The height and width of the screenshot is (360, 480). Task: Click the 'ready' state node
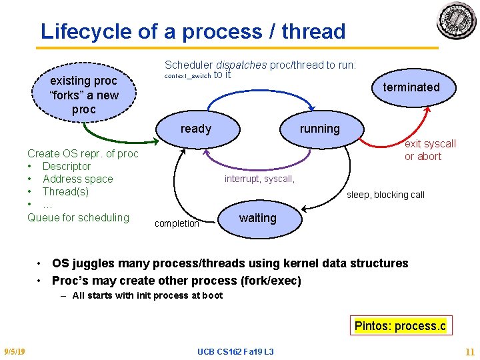(195, 129)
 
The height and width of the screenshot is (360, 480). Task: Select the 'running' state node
(320, 129)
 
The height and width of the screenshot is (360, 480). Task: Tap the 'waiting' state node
(257, 218)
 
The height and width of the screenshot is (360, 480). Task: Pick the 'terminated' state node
(411, 87)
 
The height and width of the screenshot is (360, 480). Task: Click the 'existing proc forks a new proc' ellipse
(84, 95)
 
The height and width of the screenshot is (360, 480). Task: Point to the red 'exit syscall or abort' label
(430, 150)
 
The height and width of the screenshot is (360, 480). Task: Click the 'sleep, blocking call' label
(385, 195)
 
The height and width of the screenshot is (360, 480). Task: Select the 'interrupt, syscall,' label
(259, 179)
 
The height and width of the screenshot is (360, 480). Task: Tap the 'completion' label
(177, 223)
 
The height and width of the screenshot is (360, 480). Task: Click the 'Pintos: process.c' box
(400, 326)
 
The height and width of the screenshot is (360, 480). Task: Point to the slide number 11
(469, 351)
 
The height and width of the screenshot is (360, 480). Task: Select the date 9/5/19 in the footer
(15, 351)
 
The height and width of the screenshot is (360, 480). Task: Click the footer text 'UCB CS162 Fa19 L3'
(235, 351)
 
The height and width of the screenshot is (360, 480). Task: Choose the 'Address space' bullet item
(77, 179)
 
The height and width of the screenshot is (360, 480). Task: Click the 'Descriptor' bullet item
(66, 166)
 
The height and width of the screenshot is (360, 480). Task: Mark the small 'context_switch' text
(187, 76)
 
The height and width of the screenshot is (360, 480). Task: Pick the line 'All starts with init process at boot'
(147, 295)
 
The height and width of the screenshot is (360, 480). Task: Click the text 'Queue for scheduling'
(78, 217)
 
